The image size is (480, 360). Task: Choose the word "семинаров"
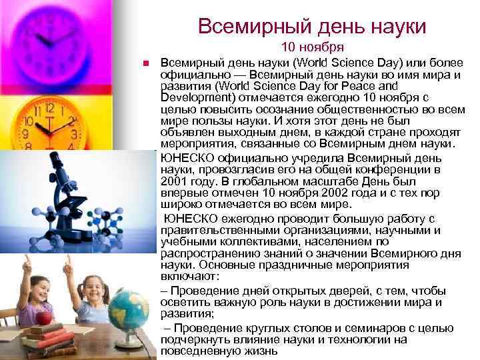tap(381, 328)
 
